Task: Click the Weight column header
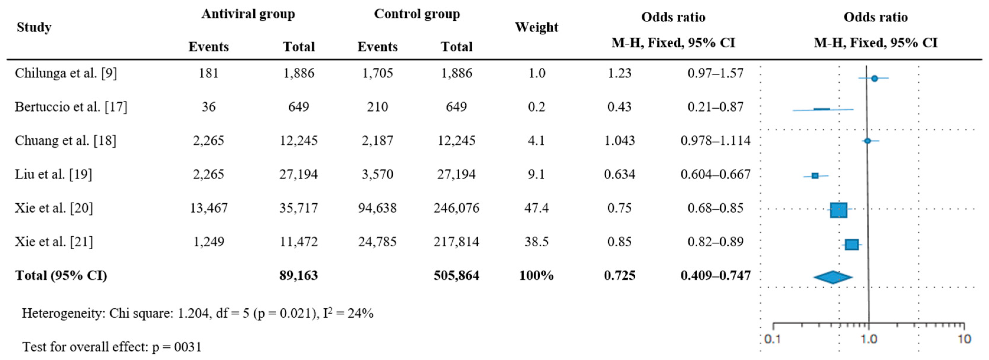[x=536, y=27]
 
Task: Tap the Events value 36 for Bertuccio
[x=208, y=107]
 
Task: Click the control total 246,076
[x=456, y=208]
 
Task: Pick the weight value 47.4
[x=536, y=208]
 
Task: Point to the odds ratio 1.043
[x=619, y=140]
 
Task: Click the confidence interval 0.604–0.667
[x=715, y=174]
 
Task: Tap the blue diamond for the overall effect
[x=832, y=277]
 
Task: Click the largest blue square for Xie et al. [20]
[x=838, y=210]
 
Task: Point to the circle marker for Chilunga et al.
[x=874, y=78]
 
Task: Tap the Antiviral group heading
[x=248, y=14]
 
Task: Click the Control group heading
[x=417, y=14]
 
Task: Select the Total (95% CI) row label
[x=61, y=276]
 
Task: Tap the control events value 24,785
[x=377, y=242]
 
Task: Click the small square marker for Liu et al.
[x=815, y=176]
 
